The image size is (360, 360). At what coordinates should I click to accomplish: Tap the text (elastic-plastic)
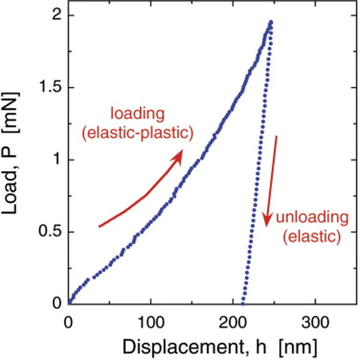tap(138, 134)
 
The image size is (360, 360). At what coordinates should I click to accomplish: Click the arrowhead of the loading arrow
tap(178, 156)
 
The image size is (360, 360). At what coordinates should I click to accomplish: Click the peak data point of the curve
tap(270, 22)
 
